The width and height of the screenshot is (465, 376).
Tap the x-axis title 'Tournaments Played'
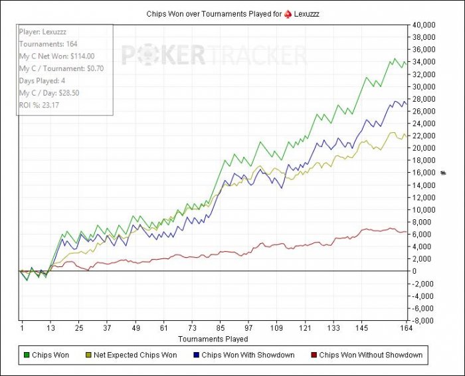(x=217, y=338)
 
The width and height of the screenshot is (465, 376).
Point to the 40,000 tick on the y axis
(x=424, y=25)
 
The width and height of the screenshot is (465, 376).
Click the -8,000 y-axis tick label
(x=424, y=320)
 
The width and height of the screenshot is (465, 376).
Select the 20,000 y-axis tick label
(x=424, y=148)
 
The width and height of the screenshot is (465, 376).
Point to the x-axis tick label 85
(x=221, y=328)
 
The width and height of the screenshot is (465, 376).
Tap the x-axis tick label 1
(x=22, y=328)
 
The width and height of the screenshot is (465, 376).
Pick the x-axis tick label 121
(x=306, y=328)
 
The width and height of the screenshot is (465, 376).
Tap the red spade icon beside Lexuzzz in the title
(x=287, y=13)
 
